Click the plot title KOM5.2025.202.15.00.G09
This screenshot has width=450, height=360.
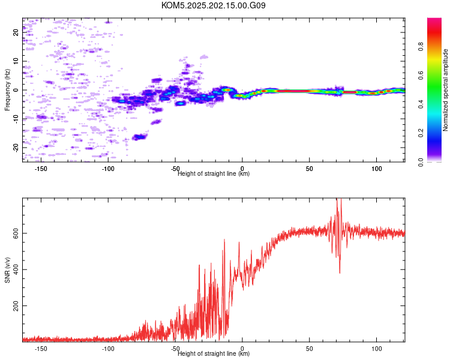(213, 5)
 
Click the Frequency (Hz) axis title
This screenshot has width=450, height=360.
(7, 90)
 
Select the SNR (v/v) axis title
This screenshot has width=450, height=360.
(7, 270)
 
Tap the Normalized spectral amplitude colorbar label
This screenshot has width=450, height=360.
(445, 90)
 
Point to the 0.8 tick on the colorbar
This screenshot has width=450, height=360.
(421, 47)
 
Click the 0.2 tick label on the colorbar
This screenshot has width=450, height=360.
(421, 133)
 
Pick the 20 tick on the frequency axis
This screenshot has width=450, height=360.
(16, 32)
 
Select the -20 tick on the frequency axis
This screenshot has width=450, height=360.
(16, 148)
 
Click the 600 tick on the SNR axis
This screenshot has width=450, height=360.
(16, 233)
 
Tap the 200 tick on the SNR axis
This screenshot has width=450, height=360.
(16, 306)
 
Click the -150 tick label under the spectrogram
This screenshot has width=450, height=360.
(41, 169)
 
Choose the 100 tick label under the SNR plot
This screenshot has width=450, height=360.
(377, 349)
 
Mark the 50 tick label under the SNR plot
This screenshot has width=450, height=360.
(310, 349)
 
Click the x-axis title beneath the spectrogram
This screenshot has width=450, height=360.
(214, 173)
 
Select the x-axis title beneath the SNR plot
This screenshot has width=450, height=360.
(214, 353)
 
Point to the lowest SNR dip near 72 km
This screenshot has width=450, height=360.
(340, 273)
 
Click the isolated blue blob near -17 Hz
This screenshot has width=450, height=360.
(140, 137)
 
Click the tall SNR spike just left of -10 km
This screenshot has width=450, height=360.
(224, 239)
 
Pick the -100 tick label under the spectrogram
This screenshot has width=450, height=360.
(108, 169)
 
